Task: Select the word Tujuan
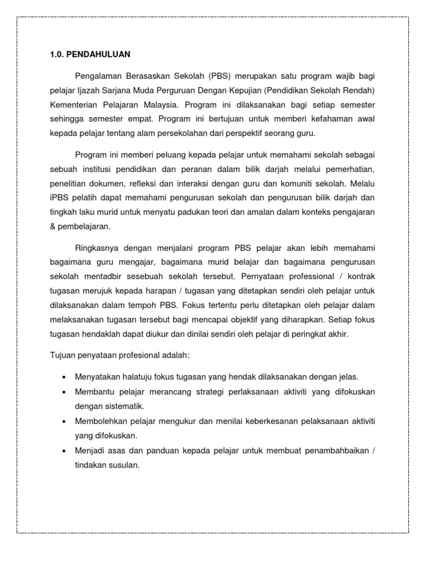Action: click(x=62, y=355)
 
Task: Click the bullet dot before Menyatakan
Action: click(x=64, y=377)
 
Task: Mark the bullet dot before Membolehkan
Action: click(x=64, y=421)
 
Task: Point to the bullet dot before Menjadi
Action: click(x=64, y=451)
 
